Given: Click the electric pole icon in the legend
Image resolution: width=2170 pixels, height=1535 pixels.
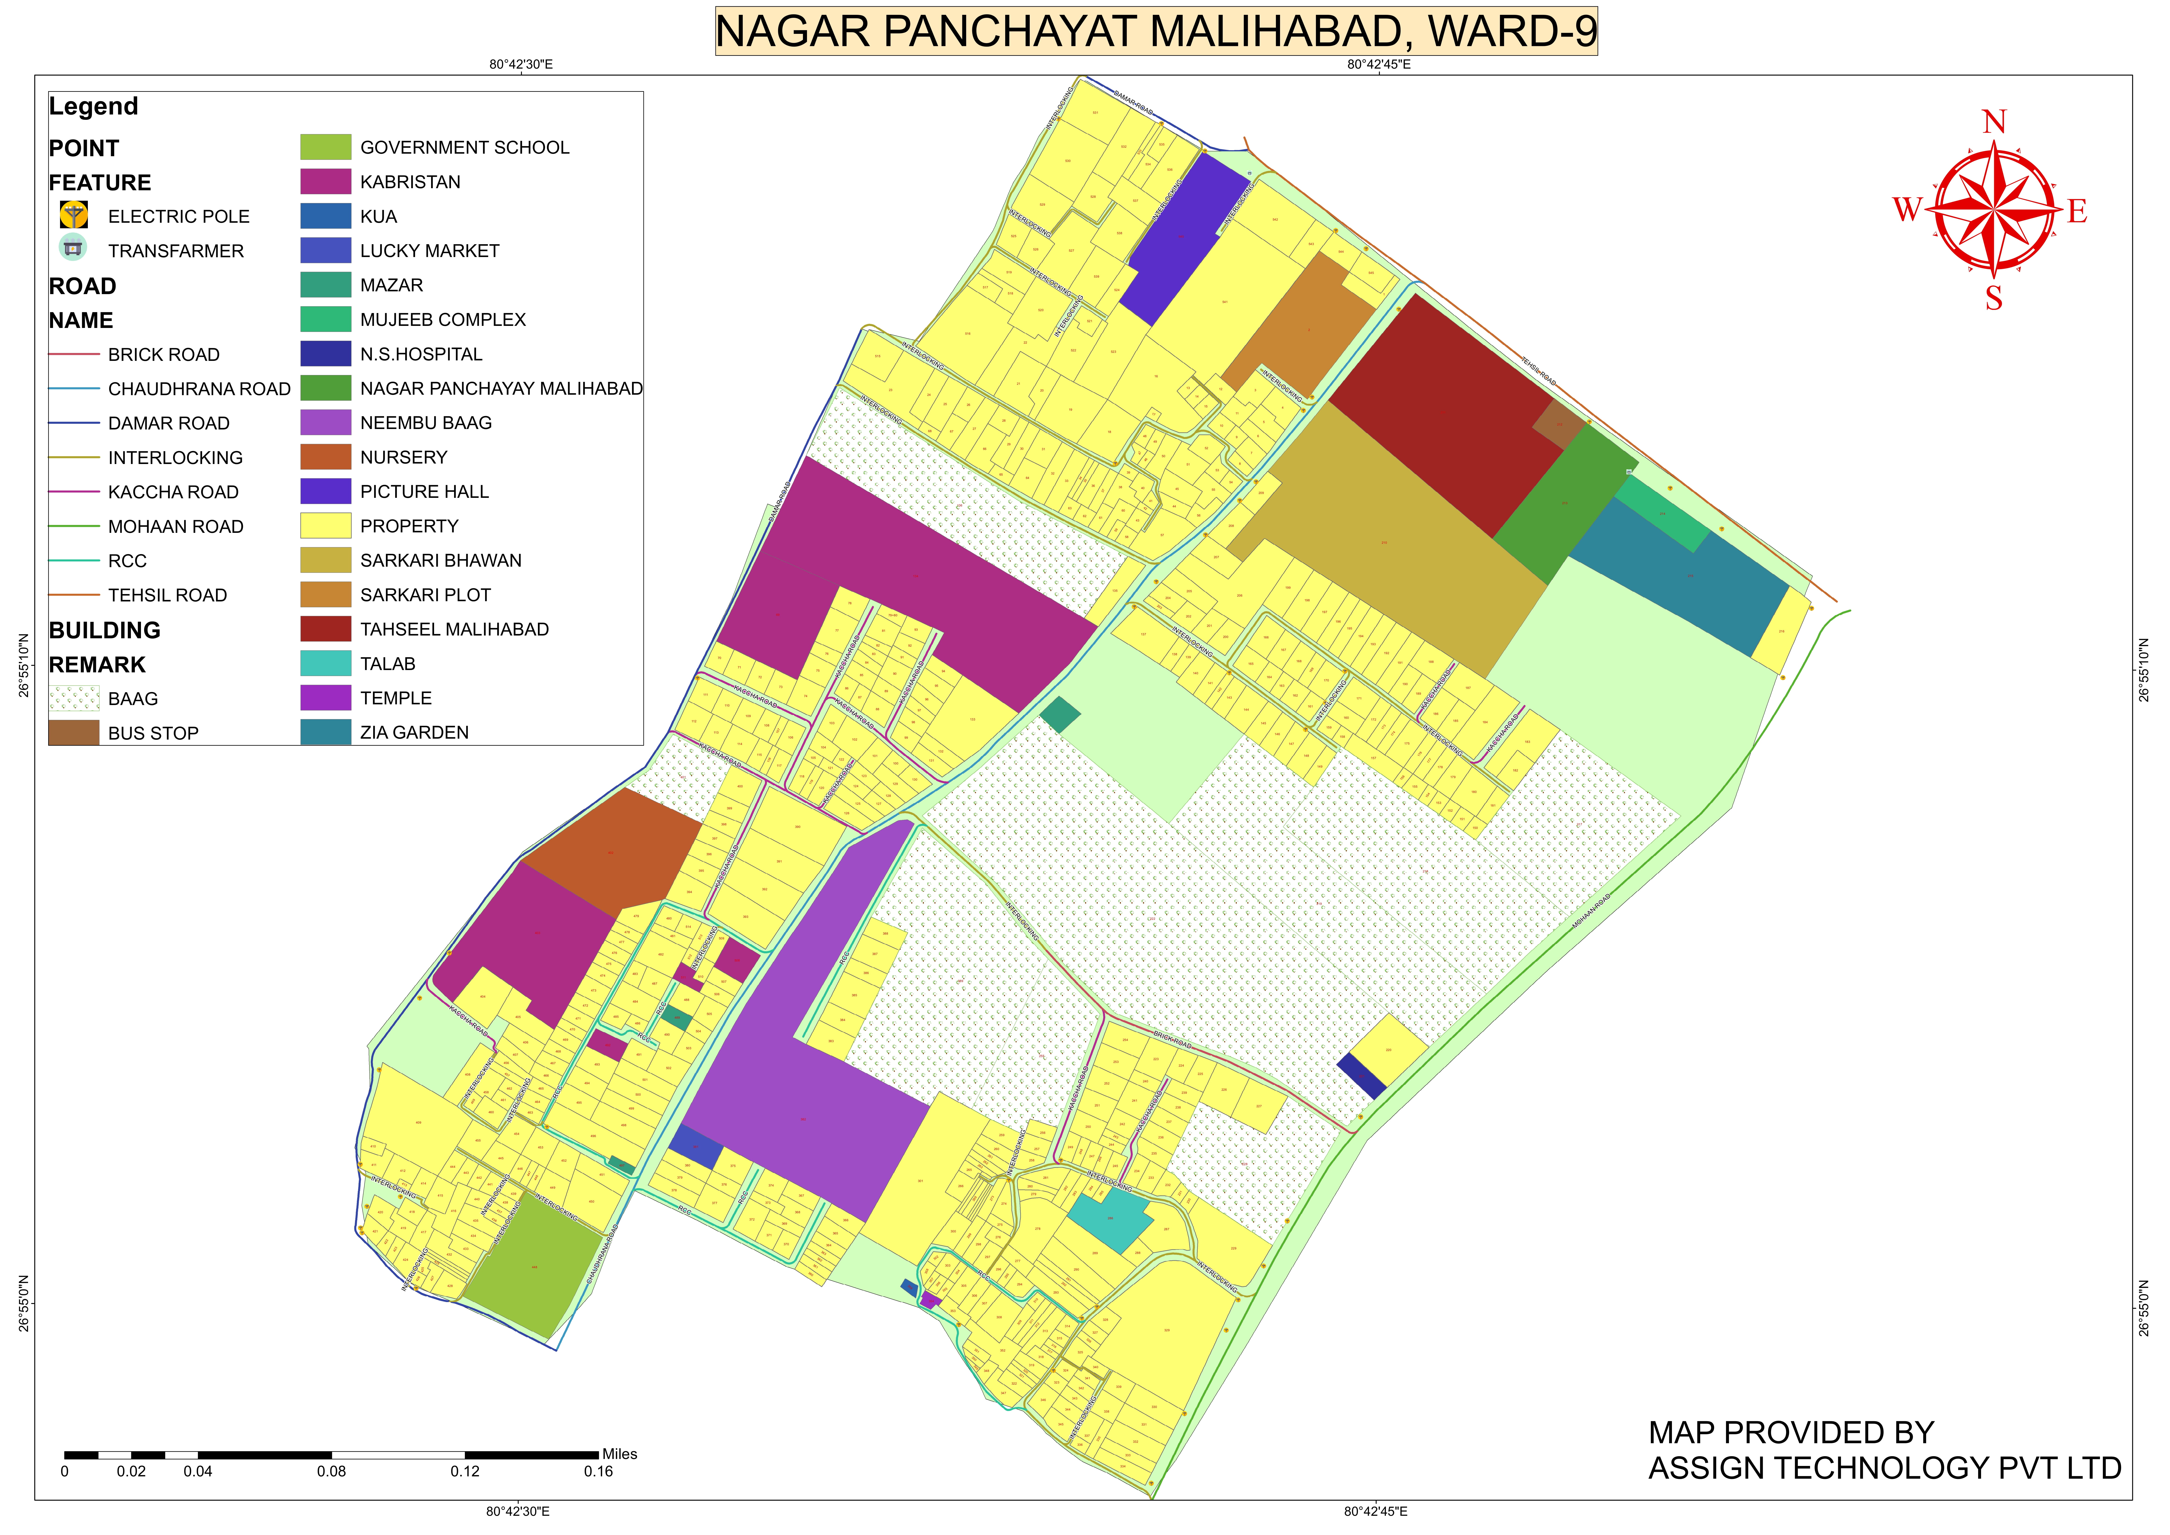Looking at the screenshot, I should pos(74,216).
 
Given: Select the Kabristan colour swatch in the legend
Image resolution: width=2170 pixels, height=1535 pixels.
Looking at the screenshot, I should pos(325,181).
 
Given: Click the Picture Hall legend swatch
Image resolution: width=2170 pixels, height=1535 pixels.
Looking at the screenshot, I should pos(325,492).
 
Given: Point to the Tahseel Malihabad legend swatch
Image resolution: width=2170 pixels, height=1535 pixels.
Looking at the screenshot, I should pos(325,629).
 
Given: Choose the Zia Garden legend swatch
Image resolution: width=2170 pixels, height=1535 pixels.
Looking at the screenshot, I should pos(325,733).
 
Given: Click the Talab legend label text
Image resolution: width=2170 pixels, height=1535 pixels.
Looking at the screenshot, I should pos(388,664).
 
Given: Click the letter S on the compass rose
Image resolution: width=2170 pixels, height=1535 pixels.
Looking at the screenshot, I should pos(1993,299).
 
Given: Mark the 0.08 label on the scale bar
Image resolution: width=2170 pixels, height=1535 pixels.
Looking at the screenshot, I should pos(331,1472).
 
